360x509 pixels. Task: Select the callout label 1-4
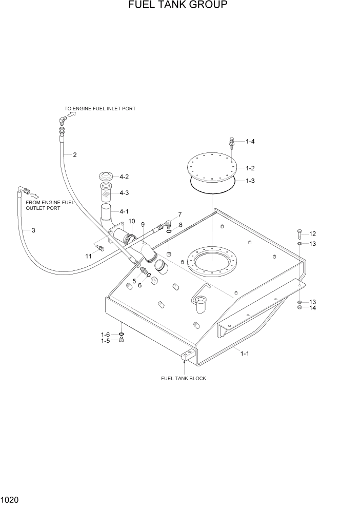[x=250, y=142]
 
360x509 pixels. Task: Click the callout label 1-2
[x=250, y=168]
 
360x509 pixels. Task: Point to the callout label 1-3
[x=250, y=181]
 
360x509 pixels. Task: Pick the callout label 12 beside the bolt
[x=312, y=234]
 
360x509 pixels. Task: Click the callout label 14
[x=312, y=308]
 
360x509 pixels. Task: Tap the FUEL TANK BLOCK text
[x=184, y=379]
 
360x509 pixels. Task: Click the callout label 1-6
[x=105, y=335]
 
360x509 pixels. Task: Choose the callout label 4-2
[x=124, y=177]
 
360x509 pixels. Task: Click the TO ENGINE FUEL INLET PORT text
[x=100, y=109]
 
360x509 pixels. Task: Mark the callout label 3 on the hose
[x=33, y=230]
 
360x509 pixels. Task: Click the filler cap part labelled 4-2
[x=106, y=176]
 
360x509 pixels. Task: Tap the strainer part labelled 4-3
[x=106, y=193]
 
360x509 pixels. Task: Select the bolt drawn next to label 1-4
[x=232, y=143]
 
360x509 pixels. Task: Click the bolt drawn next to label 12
[x=299, y=234]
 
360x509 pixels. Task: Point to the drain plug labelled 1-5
[x=122, y=341]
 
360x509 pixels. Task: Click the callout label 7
[x=179, y=214]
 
